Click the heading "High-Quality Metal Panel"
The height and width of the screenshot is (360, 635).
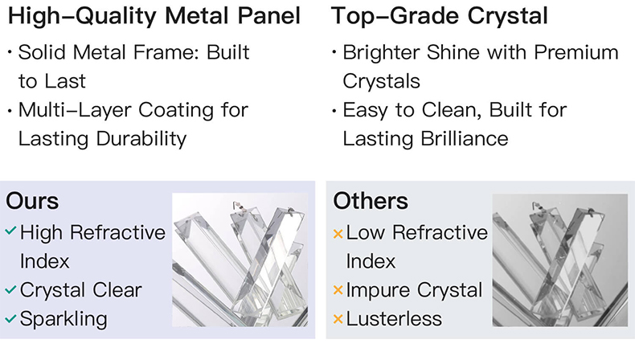(154, 17)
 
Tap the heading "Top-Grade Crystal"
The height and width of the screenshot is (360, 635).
(440, 17)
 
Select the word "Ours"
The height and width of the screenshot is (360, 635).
(32, 201)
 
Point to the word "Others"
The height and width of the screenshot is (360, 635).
(371, 201)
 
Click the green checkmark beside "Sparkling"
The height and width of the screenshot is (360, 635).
(10, 319)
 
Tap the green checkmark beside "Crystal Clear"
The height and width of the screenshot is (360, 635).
(10, 289)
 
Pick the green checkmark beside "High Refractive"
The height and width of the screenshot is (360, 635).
(10, 231)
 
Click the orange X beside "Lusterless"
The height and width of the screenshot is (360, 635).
(338, 319)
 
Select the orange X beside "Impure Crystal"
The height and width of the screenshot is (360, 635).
(338, 290)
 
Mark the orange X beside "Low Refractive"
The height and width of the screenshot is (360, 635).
(338, 233)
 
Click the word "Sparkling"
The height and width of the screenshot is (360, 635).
(63, 320)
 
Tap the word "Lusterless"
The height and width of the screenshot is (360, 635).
(394, 319)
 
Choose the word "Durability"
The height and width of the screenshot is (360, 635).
(141, 139)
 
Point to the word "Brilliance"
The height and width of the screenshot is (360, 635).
(464, 139)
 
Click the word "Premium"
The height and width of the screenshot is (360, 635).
(576, 52)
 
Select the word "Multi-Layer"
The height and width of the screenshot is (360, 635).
(76, 111)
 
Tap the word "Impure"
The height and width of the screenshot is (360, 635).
(379, 291)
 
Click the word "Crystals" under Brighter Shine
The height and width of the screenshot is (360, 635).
(382, 82)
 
